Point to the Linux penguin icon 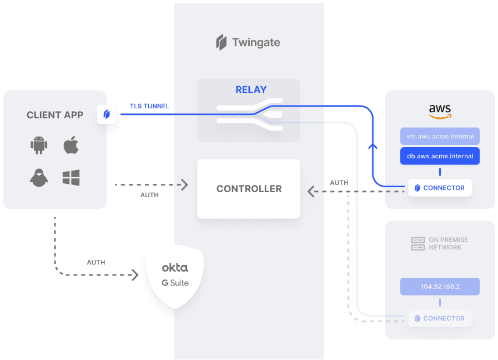pos(39,178)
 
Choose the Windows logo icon pos(71,178)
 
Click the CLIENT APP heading pos(55,115)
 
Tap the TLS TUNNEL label pos(149,106)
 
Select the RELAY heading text pos(251,89)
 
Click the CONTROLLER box pos(249,189)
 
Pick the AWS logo pos(440,111)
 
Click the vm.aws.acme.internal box pos(440,137)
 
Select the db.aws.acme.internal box pos(440,156)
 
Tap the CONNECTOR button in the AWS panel pos(440,188)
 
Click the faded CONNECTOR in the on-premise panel pos(440,318)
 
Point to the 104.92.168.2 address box pos(440,287)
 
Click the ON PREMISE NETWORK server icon pos(417,243)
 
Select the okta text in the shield pos(175,267)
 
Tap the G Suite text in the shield pos(175,283)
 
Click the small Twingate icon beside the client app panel pos(107,114)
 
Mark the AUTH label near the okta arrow pos(96,262)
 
